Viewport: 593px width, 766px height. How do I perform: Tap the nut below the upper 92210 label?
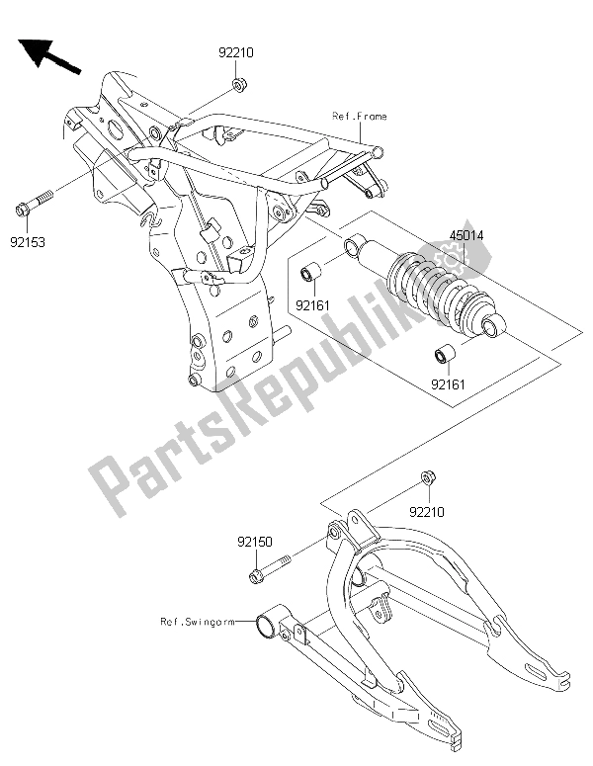[240, 87]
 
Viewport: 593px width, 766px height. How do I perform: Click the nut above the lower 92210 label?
[427, 479]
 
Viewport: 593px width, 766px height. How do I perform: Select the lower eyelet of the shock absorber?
[491, 326]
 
